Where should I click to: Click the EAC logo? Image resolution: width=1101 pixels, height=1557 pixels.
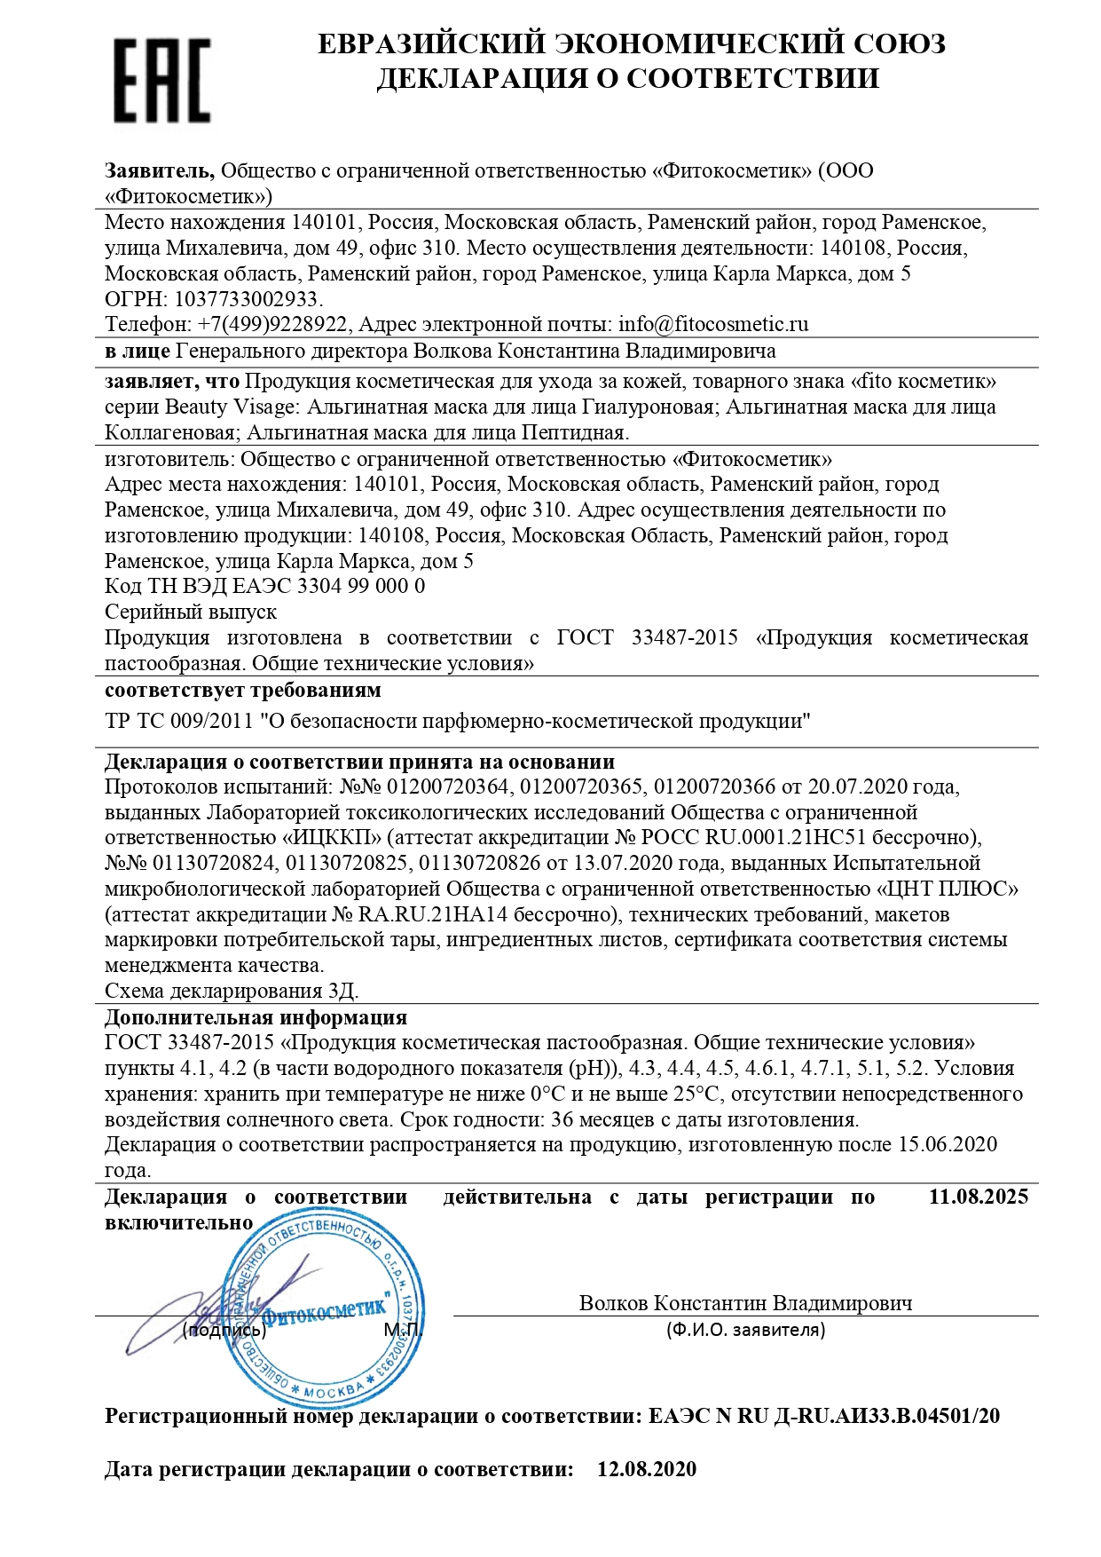pos(161,80)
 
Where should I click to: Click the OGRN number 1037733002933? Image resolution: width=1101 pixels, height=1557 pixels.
pos(248,299)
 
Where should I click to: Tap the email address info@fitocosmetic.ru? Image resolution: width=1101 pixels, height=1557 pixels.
pos(713,325)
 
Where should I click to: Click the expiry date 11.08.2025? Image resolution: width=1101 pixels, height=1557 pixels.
pos(978,1197)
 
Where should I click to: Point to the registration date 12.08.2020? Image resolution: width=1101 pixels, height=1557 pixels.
pos(647,1469)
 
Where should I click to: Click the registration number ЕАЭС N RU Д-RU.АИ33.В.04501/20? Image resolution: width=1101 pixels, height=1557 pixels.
pos(824,1416)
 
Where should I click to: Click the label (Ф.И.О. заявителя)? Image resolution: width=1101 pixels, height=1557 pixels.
pos(745,1330)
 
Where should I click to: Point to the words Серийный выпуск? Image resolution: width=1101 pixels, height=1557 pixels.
pos(191,612)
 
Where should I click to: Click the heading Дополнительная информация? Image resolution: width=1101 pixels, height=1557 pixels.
pos(256,1017)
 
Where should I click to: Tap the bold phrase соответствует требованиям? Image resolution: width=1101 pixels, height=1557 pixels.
pos(243,690)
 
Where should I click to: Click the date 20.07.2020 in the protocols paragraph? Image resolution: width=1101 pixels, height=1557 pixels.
pos(858,786)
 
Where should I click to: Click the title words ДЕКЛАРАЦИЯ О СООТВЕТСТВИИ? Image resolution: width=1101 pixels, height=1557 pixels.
pos(627,78)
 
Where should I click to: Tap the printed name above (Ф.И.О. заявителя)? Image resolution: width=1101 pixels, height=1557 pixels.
pos(745,1303)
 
